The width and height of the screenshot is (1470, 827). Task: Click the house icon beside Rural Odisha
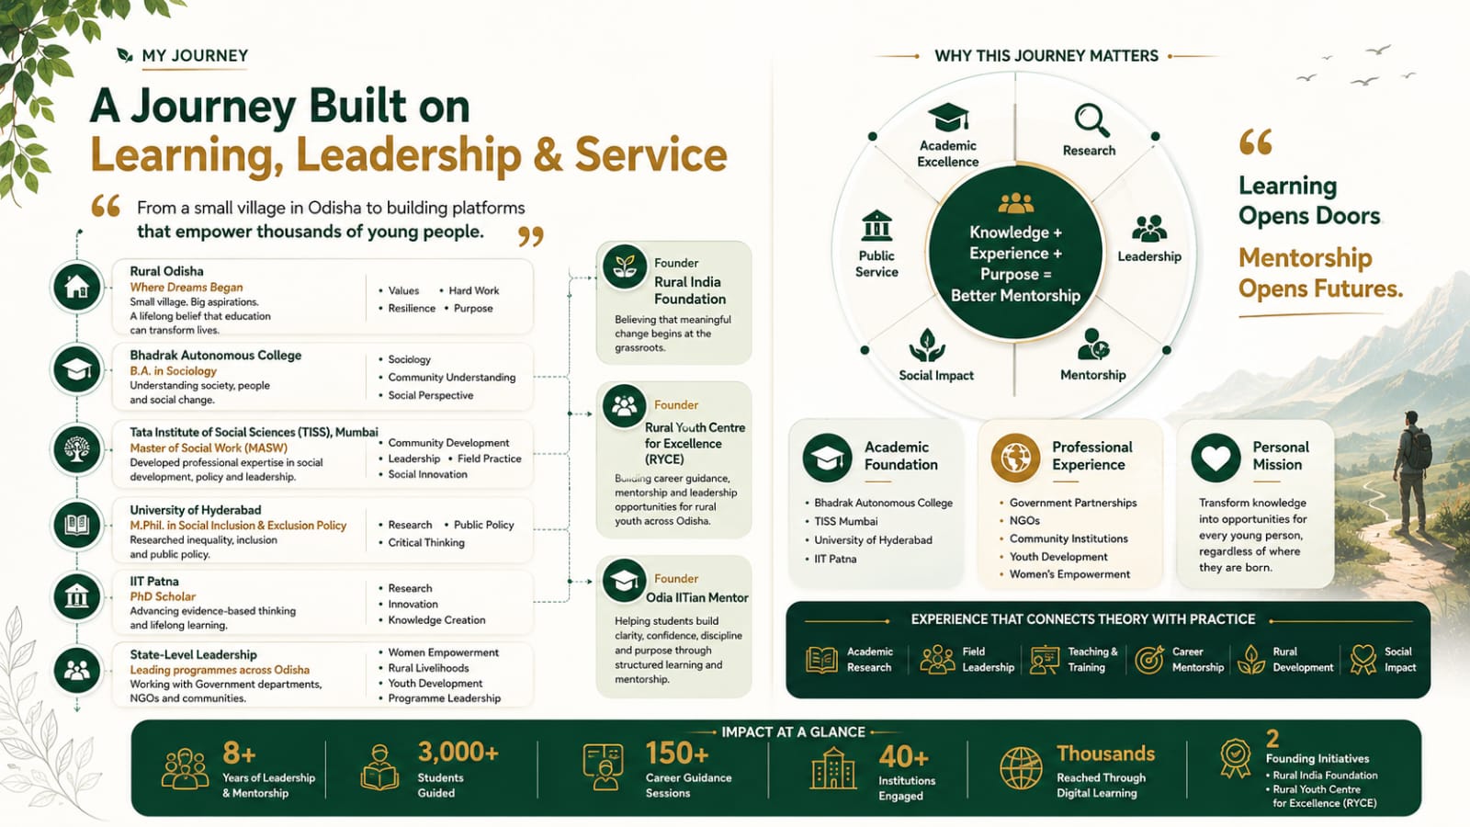[x=77, y=287]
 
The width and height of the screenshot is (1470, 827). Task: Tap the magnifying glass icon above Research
[x=1091, y=120]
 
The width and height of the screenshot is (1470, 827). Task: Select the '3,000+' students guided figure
[x=458, y=753]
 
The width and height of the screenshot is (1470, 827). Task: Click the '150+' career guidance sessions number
[x=677, y=753]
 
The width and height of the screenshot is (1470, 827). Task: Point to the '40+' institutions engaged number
[x=904, y=757]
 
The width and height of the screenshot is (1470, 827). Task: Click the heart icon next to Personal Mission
[x=1216, y=457]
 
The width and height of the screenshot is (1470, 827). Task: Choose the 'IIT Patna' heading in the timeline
[x=154, y=581]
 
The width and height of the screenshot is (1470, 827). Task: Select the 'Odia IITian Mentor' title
[x=697, y=598]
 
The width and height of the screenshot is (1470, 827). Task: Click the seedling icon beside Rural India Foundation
[x=624, y=266]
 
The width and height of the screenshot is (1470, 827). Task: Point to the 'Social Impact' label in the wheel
[x=936, y=376]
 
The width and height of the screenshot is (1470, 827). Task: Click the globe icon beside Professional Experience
[x=1015, y=457]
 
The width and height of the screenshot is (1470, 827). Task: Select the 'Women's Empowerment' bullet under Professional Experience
[x=1069, y=574]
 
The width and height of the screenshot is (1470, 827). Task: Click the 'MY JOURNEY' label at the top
[x=195, y=56]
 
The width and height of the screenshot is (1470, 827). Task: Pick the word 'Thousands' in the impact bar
[x=1106, y=753]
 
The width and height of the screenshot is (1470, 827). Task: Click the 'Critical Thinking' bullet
[x=426, y=543]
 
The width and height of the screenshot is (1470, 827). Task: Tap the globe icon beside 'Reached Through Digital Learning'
[x=1021, y=768]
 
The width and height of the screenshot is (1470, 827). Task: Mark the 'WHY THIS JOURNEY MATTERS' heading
[x=1046, y=56]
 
